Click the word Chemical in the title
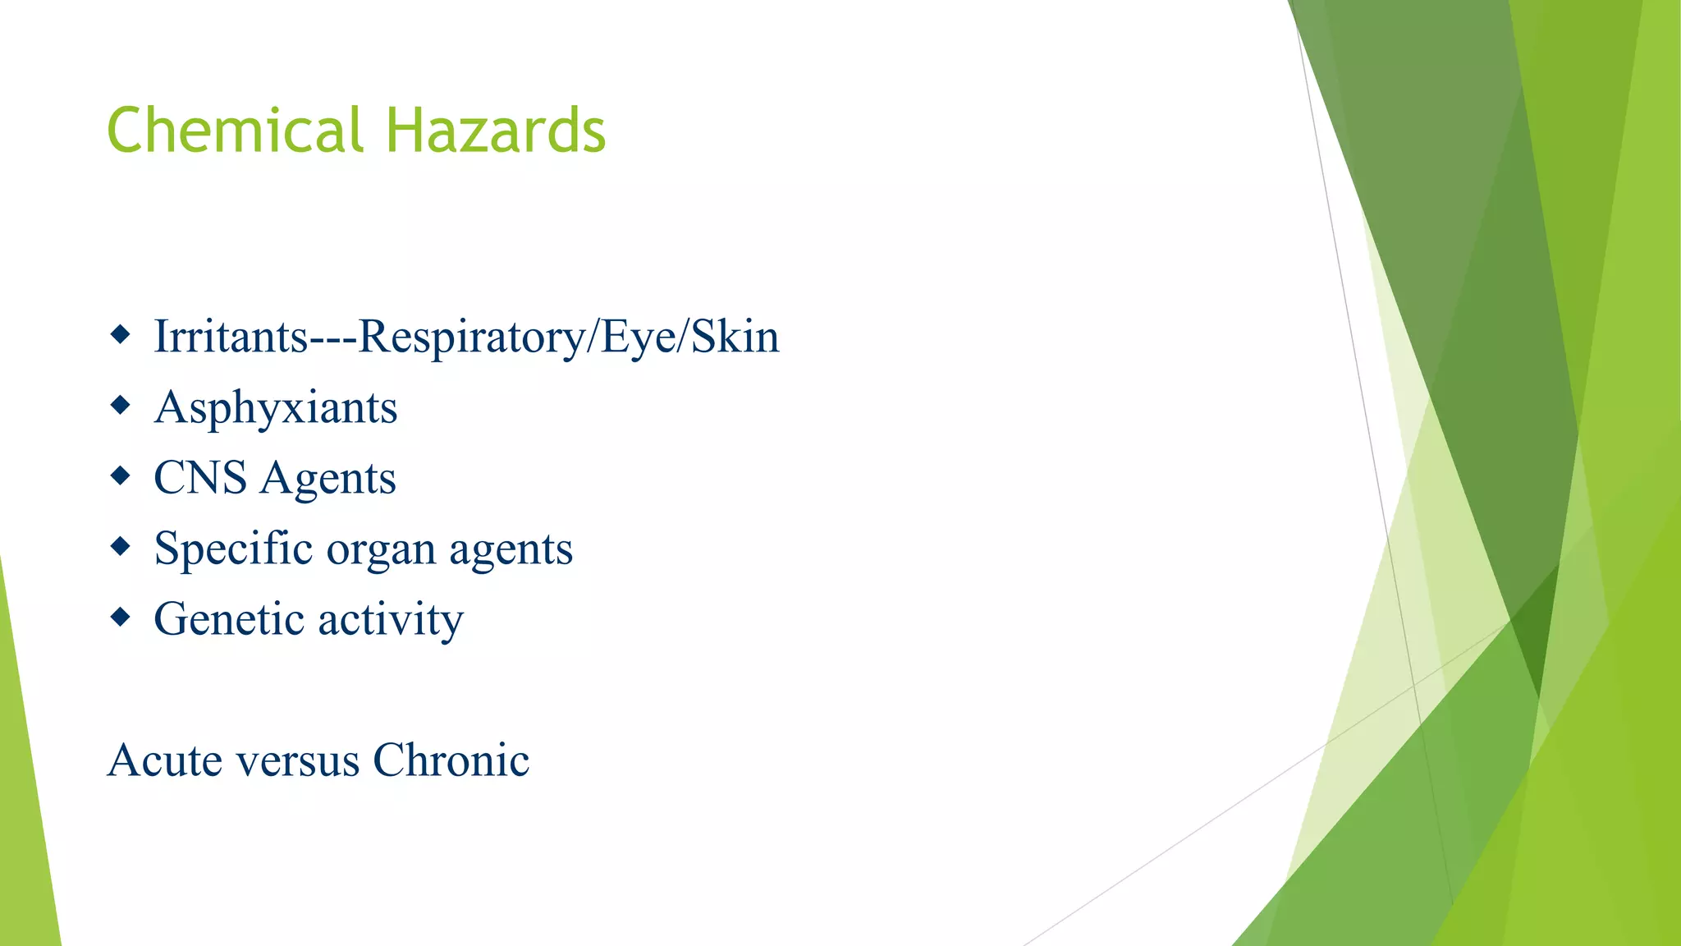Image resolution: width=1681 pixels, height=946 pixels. pos(235,131)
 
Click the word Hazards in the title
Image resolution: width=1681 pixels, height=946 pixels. pos(496,131)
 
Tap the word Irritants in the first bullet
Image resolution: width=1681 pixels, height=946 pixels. pos(230,337)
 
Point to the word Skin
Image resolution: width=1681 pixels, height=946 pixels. pos(735,337)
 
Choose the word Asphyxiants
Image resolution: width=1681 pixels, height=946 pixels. pos(276,408)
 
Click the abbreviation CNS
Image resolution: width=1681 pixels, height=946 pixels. pos(200,478)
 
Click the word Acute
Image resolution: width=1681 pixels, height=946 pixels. pos(164,760)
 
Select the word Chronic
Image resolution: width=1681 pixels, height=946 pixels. pos(451,760)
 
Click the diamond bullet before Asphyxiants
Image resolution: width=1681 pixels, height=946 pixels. pos(120,405)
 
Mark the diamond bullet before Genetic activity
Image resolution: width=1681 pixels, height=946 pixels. pos(120,617)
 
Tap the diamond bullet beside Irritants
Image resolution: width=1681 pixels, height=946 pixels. pos(120,334)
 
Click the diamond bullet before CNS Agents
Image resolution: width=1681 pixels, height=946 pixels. pos(120,475)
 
